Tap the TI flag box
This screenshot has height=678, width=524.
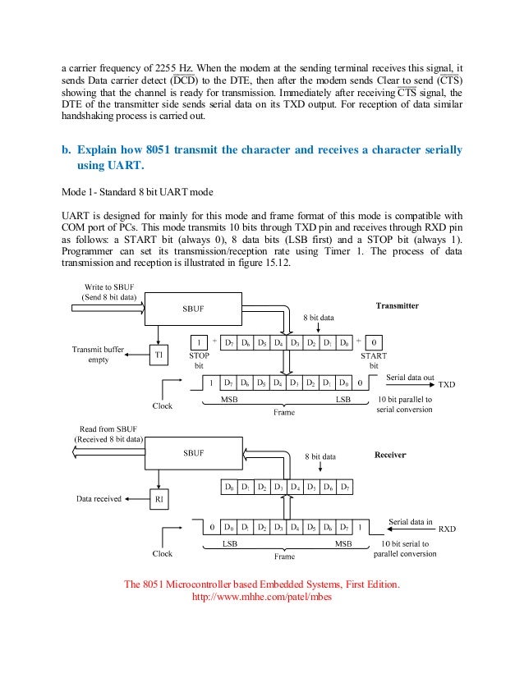pyautogui.click(x=159, y=355)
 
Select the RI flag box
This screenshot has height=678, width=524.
pyautogui.click(x=159, y=497)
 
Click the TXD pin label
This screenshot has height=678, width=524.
pyautogui.click(x=447, y=384)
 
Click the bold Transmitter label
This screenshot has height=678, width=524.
pyautogui.click(x=398, y=305)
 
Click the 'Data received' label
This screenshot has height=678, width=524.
pyautogui.click(x=99, y=497)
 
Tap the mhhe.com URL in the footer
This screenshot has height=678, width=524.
pyautogui.click(x=262, y=597)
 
